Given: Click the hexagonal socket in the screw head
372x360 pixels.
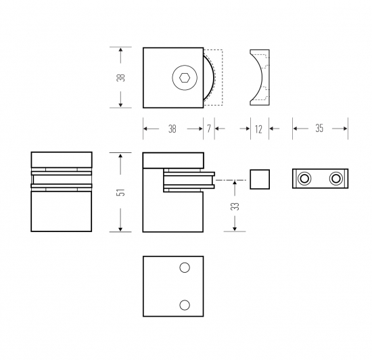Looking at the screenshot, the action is click(185, 78).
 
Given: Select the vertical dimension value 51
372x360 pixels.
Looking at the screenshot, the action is click(121, 192).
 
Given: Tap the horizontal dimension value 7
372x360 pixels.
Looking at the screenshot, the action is click(209, 129).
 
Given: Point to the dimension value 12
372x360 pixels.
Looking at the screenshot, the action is click(258, 129).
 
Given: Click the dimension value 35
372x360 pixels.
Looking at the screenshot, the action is click(319, 129).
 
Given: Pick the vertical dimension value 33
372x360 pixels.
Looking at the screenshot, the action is click(235, 206).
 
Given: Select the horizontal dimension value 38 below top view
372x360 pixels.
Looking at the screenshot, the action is click(172, 129).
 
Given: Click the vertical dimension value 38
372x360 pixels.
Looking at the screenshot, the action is click(121, 77).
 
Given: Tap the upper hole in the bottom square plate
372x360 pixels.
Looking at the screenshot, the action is click(185, 268).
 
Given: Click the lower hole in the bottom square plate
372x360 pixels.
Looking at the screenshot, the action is click(185, 305).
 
